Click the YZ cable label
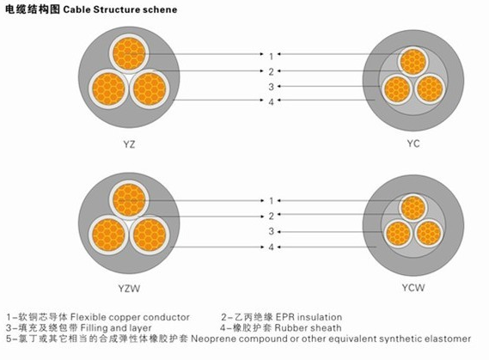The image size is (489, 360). coord(129,144)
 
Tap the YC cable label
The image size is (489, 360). coord(413,143)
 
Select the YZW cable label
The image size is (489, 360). coord(129,289)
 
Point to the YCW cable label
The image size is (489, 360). coord(413,287)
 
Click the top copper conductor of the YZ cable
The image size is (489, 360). coord(129,54)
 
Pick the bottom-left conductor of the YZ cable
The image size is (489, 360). coord(108,88)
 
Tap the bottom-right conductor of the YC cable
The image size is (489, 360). coord(430,89)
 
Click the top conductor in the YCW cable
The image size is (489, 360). coord(413,208)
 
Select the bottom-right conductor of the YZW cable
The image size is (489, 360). coord(150,235)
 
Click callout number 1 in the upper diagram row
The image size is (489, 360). coord(271,56)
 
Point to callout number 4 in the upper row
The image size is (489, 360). coord(271,102)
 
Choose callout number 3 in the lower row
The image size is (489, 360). coord(271,232)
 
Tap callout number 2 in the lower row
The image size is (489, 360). coord(271,216)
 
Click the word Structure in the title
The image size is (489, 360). coord(116,9)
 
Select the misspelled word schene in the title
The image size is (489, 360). coord(160,9)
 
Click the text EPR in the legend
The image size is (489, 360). coord(284,317)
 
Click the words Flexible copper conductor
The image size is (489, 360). coord(130,317)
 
